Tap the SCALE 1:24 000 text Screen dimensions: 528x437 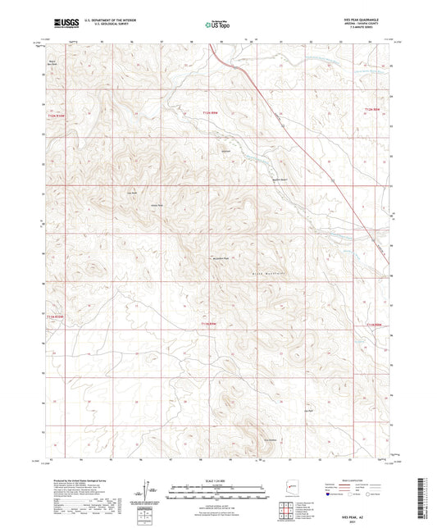[x=218, y=480]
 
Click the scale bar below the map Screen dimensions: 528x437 [x=218, y=489]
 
